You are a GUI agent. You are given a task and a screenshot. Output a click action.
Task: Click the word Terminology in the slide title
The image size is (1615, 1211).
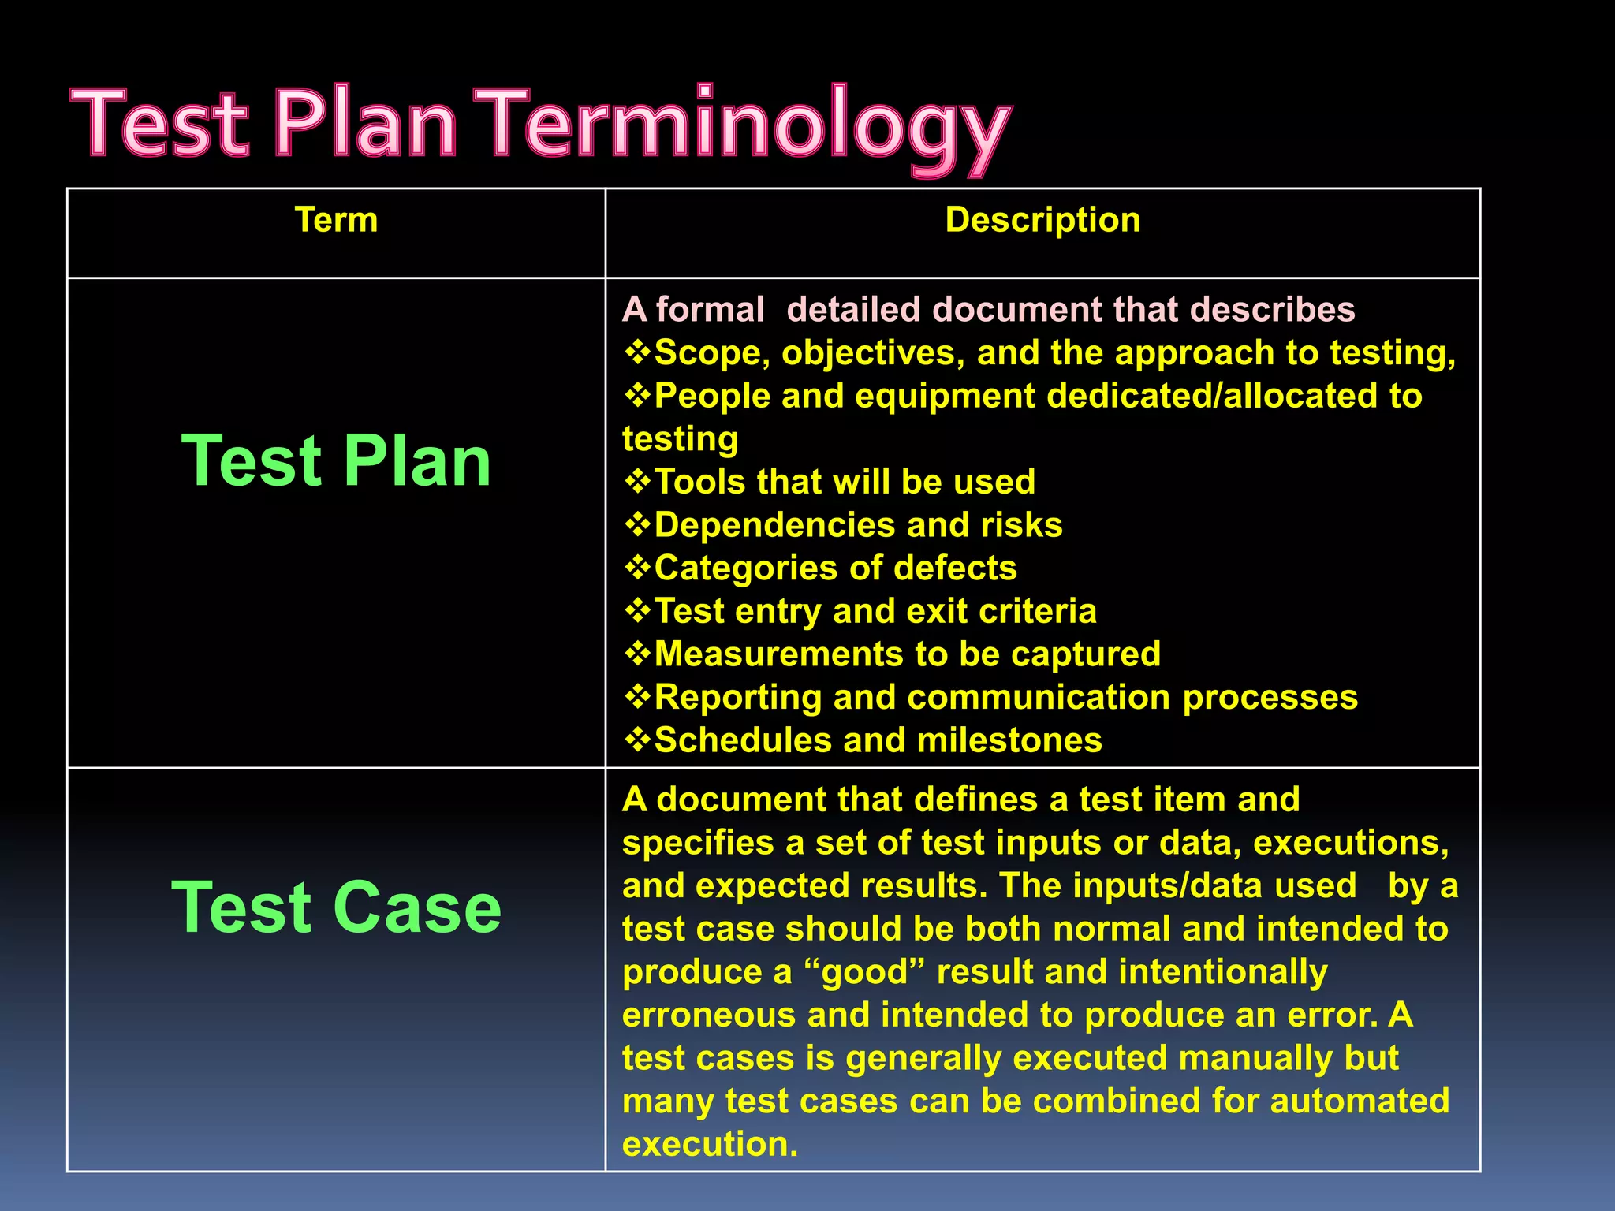[745, 126]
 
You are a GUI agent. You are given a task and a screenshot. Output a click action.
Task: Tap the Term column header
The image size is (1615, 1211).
[336, 220]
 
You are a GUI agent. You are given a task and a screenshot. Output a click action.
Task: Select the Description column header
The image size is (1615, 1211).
[1042, 220]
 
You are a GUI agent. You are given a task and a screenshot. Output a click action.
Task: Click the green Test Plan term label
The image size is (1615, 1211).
[337, 461]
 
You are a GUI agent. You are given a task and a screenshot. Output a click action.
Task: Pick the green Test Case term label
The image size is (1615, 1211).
[337, 908]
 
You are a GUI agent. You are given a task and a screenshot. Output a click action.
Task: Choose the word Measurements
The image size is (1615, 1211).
[778, 654]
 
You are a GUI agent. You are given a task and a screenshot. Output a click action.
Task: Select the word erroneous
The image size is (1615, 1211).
[708, 1015]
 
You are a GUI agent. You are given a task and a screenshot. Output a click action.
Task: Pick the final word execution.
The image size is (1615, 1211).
[709, 1145]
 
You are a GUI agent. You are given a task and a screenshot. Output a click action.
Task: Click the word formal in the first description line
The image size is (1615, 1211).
[710, 310]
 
